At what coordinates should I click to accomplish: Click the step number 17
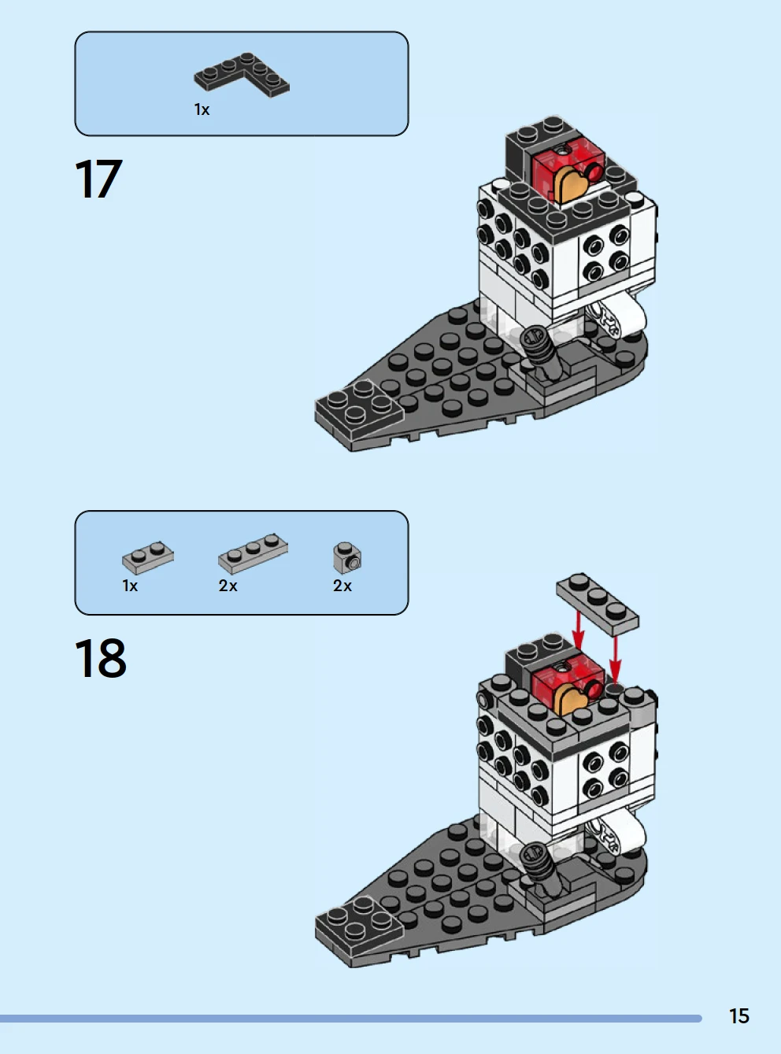click(x=98, y=179)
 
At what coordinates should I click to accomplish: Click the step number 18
click(x=100, y=658)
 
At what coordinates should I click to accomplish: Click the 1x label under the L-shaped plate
click(x=202, y=109)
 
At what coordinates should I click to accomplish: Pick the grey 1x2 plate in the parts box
click(x=148, y=557)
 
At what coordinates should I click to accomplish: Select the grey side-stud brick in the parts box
click(x=347, y=557)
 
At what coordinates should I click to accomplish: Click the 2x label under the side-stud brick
click(x=342, y=586)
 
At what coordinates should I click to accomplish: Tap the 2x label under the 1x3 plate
click(x=228, y=586)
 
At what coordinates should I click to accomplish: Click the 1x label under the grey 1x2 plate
click(x=130, y=586)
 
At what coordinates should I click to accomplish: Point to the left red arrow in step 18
click(x=578, y=631)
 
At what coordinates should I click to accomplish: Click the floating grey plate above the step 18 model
click(x=598, y=605)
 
